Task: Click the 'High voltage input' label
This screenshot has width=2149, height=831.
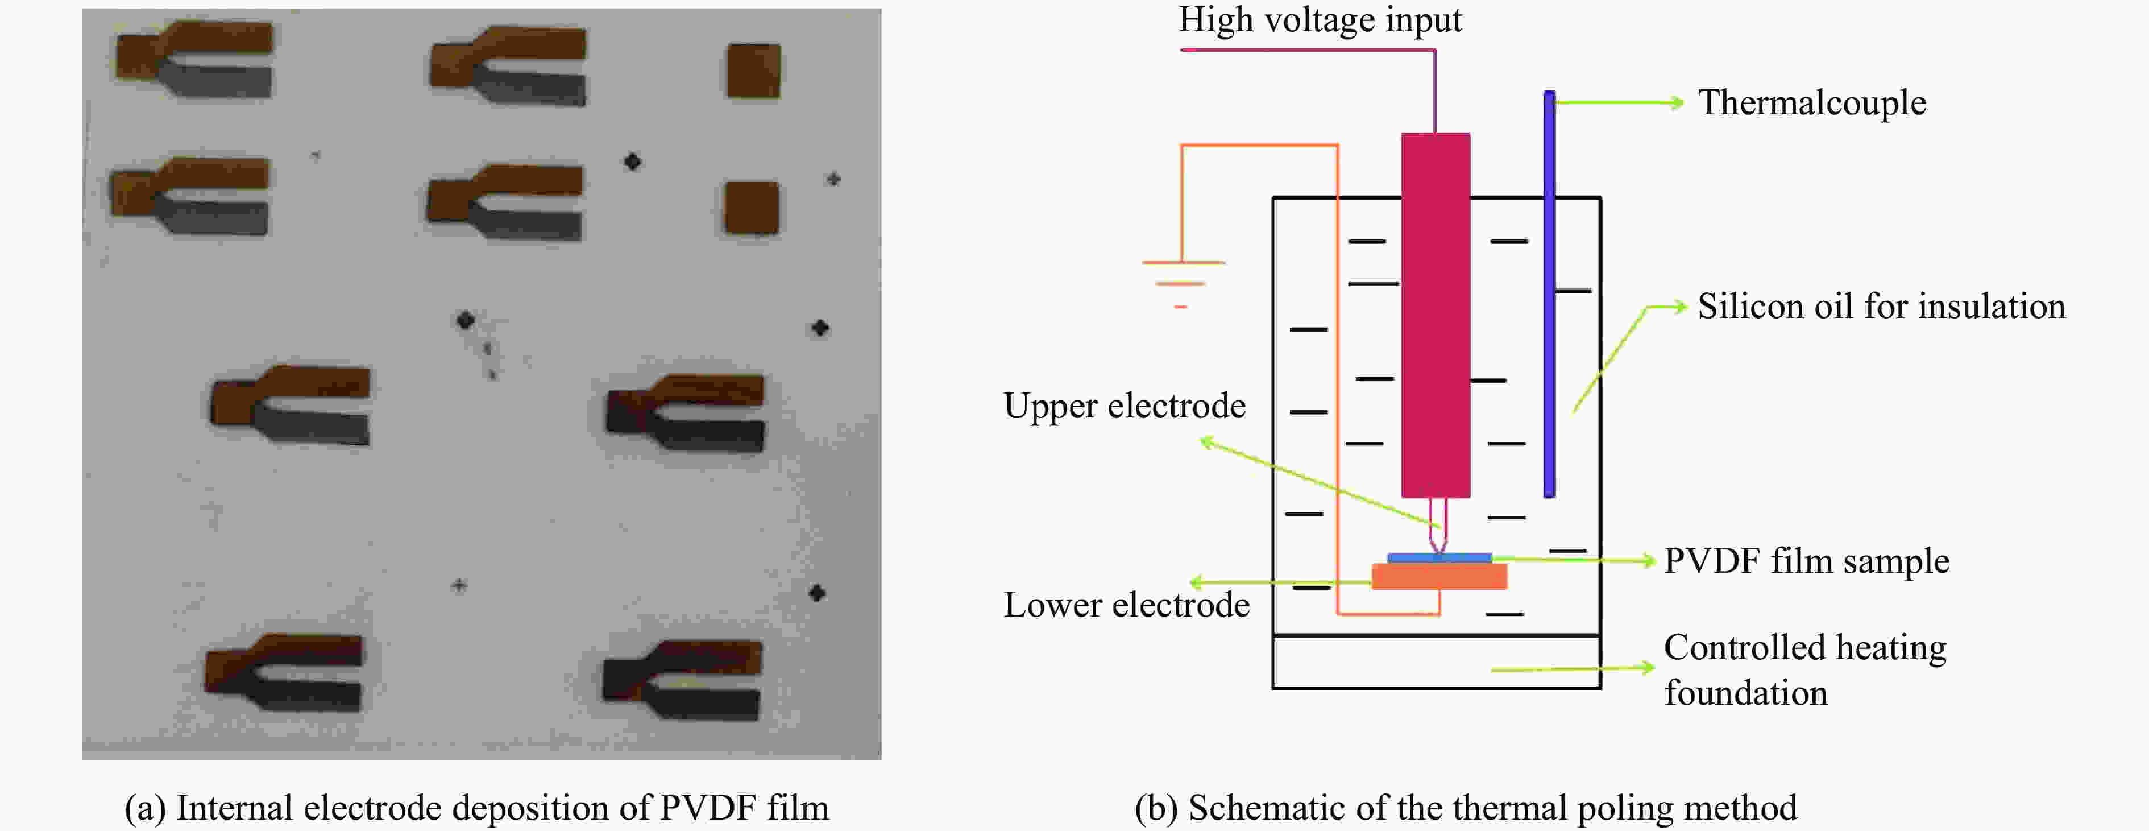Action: click(1319, 20)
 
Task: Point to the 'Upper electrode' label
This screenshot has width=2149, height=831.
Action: click(1124, 406)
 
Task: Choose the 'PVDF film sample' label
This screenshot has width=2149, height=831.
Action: click(1806, 561)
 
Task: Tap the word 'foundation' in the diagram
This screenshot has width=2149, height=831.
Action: click(1745, 693)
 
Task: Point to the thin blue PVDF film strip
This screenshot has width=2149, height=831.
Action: click(1439, 557)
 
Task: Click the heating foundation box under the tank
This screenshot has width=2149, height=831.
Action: click(1435, 663)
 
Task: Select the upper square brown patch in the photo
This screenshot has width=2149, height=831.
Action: click(753, 71)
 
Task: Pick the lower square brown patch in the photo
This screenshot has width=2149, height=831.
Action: click(751, 208)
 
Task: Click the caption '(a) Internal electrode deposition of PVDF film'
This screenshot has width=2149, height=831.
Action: click(476, 808)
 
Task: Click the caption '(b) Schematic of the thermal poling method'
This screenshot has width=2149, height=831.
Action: click(1465, 808)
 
